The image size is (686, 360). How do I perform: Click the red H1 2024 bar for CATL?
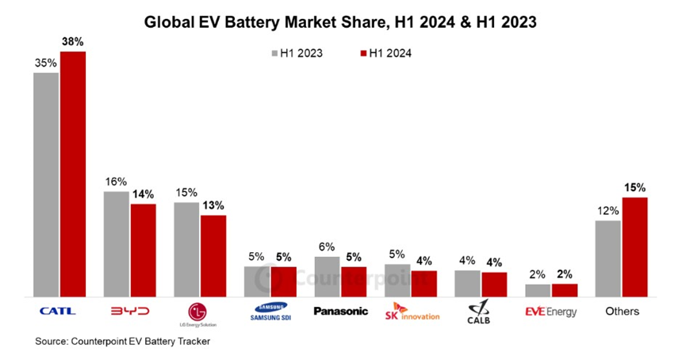[x=73, y=174]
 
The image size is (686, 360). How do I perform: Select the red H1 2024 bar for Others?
[x=634, y=247]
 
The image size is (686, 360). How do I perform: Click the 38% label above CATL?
[x=73, y=41]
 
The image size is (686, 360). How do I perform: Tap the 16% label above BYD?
[x=116, y=182]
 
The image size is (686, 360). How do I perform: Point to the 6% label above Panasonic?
[x=327, y=247]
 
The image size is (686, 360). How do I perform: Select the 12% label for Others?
[x=607, y=210]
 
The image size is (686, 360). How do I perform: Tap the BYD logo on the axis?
[x=128, y=311]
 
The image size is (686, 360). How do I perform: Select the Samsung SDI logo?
[x=269, y=312]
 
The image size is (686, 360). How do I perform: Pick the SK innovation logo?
[x=411, y=312]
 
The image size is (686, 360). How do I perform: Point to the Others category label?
[x=622, y=312]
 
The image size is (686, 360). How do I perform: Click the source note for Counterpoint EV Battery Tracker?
[x=122, y=342]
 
